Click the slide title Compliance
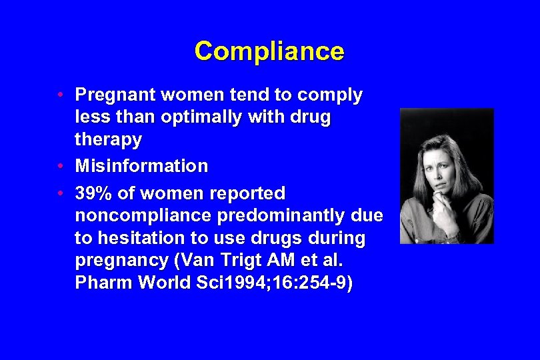coord(269,51)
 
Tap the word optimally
coord(214,117)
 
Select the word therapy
coord(108,140)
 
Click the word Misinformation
coord(141,165)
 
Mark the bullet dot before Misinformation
coord(60,165)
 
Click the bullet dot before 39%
coord(60,193)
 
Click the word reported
coord(247,193)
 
